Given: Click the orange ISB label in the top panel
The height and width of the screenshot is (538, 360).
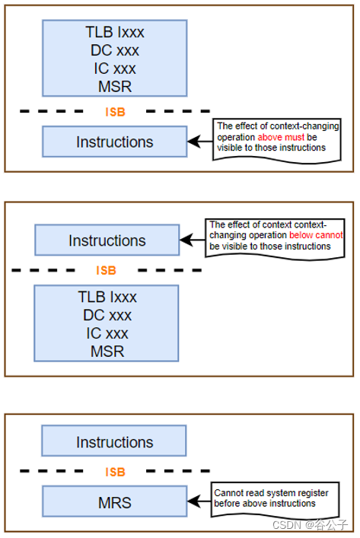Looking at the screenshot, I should (115, 113).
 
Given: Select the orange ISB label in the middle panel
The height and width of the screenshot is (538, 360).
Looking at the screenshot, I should (107, 271).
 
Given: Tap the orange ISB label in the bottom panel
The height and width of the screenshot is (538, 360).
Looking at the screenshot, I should (114, 473).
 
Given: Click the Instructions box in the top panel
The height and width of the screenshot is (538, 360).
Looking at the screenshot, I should (114, 142).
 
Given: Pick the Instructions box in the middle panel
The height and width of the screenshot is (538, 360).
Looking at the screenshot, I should (107, 240).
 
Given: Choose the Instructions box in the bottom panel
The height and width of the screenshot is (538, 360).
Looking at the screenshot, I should (114, 442).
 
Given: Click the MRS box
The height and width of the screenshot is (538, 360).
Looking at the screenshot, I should (114, 503).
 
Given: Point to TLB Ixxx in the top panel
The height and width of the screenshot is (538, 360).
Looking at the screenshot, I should (114, 33).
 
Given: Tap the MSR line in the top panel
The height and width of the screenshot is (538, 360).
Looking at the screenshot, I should (114, 86).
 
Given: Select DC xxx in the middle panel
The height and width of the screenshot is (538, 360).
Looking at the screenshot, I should (107, 315).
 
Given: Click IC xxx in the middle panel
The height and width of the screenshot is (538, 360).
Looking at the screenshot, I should (107, 333).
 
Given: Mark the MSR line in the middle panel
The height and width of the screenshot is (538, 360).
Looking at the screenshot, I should (107, 352).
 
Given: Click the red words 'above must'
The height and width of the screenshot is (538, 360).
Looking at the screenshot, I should (282, 137).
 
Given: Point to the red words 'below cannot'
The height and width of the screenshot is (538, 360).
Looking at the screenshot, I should (316, 236).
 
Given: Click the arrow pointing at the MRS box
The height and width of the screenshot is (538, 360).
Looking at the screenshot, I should (199, 502).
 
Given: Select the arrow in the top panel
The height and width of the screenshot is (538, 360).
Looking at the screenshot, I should (199, 142).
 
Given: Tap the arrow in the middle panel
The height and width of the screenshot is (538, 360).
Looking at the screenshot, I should (192, 240).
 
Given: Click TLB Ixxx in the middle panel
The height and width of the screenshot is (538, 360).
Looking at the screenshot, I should (107, 297).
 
